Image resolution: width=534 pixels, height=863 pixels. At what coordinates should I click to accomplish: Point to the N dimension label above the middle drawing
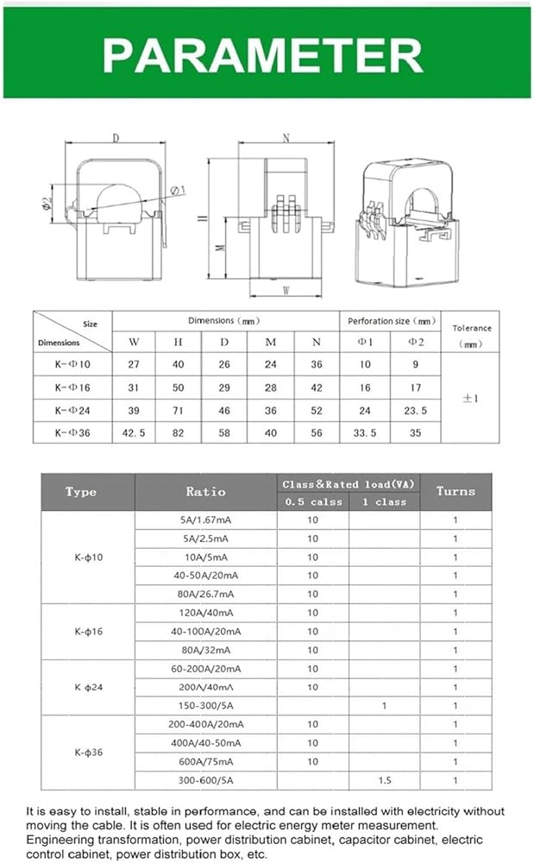pos(285,138)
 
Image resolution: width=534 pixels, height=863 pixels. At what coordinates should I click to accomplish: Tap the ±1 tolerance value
pos(471,398)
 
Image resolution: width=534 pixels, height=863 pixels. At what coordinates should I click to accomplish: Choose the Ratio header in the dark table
pos(205,492)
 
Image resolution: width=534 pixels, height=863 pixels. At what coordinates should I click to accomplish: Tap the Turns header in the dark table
pos(455,491)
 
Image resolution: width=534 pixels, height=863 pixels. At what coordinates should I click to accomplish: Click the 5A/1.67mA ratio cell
pos(206,520)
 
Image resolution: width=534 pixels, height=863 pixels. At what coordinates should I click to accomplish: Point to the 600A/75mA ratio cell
pos(206,762)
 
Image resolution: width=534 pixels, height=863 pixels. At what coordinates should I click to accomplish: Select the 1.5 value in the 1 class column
pos(384,781)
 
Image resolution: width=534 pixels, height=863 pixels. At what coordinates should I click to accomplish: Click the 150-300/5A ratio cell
pos(206,706)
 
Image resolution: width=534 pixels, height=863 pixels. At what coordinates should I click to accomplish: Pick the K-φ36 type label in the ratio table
pos(88,753)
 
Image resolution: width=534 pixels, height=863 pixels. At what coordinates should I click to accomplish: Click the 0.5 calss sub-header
pos(313,501)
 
